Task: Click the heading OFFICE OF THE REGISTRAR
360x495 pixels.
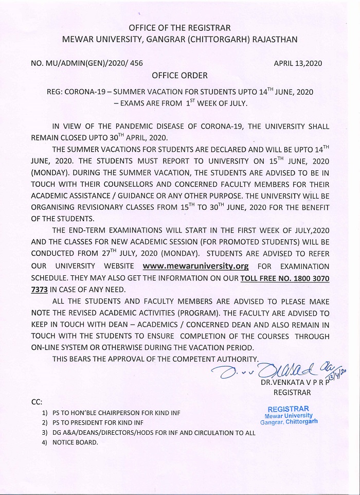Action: coord(179,27)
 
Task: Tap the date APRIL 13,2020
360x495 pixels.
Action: coord(298,64)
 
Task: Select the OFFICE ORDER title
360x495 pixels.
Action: coord(179,76)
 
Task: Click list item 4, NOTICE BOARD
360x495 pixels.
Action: coord(74,443)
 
